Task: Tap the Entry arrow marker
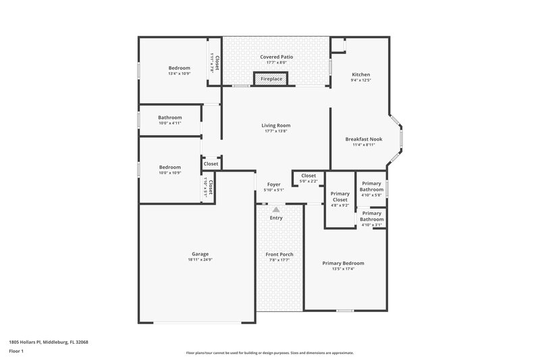pyautogui.click(x=276, y=210)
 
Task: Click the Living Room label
pyautogui.click(x=276, y=125)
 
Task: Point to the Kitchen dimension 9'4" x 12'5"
pyautogui.click(x=361, y=80)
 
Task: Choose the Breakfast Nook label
pyautogui.click(x=363, y=138)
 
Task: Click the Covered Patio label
pyautogui.click(x=276, y=57)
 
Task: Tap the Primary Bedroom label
pyautogui.click(x=343, y=263)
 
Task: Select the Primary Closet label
pyautogui.click(x=340, y=197)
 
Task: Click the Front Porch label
pyautogui.click(x=279, y=254)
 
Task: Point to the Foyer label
pyautogui.click(x=273, y=184)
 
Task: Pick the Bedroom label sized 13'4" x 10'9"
pyautogui.click(x=179, y=68)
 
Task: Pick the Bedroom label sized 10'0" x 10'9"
pyautogui.click(x=169, y=167)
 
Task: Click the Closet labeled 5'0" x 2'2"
pyautogui.click(x=308, y=176)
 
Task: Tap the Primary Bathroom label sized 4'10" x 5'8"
pyautogui.click(x=371, y=186)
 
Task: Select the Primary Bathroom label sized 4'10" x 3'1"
pyautogui.click(x=371, y=216)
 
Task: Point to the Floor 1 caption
pyautogui.click(x=17, y=351)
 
